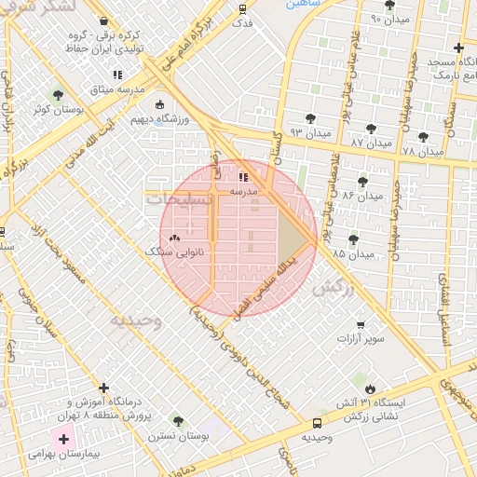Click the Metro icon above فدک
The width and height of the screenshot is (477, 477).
(242, 9)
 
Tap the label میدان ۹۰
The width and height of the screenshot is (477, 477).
(389, 19)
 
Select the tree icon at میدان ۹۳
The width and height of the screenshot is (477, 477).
(310, 119)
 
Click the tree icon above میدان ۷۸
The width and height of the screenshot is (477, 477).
(423, 137)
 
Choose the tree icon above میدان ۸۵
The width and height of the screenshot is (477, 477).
(352, 239)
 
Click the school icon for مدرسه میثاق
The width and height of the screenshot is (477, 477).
(117, 75)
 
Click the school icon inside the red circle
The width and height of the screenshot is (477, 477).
(243, 176)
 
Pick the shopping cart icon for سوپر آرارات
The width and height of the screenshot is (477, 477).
(360, 325)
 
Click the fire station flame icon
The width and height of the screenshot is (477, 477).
(370, 388)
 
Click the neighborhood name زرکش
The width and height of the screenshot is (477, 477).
(334, 288)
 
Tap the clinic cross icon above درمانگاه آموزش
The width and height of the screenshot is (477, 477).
(103, 388)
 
